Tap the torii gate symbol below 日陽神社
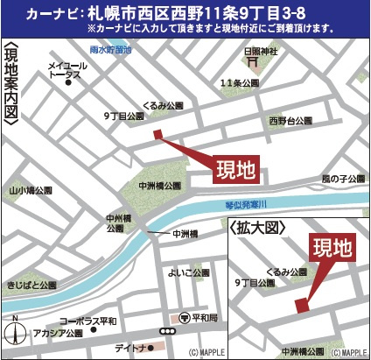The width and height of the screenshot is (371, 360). [x=252, y=61]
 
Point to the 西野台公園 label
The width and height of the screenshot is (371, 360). [x=290, y=119]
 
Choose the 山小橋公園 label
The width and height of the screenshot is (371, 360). [x=31, y=189]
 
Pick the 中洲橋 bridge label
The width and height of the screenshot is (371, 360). [x=185, y=233]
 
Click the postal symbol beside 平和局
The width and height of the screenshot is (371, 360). [x=183, y=317]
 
